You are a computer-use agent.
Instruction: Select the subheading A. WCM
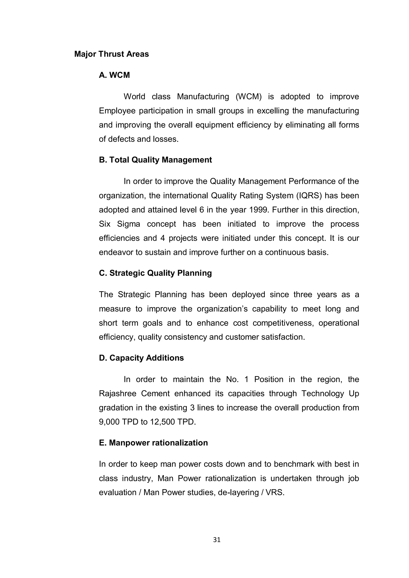point(114,75)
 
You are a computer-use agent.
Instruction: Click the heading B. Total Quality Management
point(155,160)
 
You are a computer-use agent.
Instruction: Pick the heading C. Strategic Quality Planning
point(155,273)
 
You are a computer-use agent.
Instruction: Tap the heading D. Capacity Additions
point(141,358)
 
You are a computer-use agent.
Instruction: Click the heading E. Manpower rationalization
point(153,443)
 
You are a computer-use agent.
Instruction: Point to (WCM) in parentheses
point(249,97)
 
